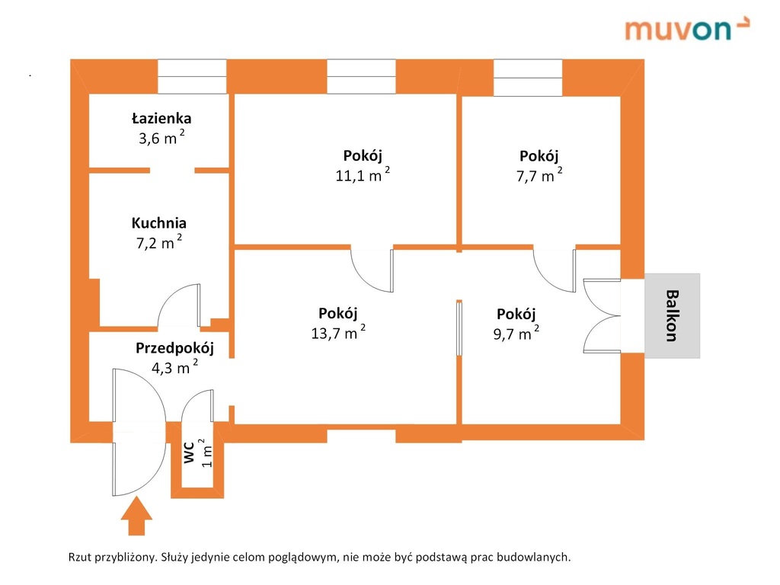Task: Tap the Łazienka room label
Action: coord(161,118)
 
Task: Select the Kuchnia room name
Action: coord(158,223)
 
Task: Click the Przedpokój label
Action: coord(174,348)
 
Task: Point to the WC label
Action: coord(189,452)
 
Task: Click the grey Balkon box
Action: coord(672,315)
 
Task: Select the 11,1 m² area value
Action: coord(363,174)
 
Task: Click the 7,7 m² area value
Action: coord(539,175)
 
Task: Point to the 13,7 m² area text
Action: coord(338,332)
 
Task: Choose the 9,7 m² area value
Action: coord(516,333)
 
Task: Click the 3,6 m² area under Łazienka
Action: coord(161,137)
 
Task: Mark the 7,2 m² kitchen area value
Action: coord(159,242)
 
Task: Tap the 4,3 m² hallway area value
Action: coord(174,367)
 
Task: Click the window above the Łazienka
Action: coord(192,76)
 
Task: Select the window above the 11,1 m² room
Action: coord(361,76)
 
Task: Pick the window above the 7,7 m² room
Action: coord(528,77)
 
